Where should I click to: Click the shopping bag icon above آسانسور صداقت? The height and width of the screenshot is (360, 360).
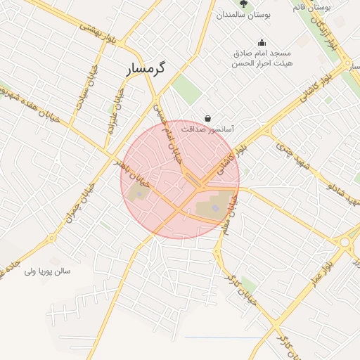[207, 118]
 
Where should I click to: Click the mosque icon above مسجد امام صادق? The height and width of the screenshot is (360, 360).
[262, 42]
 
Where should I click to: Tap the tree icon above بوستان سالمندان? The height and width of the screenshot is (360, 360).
[243, 4]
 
